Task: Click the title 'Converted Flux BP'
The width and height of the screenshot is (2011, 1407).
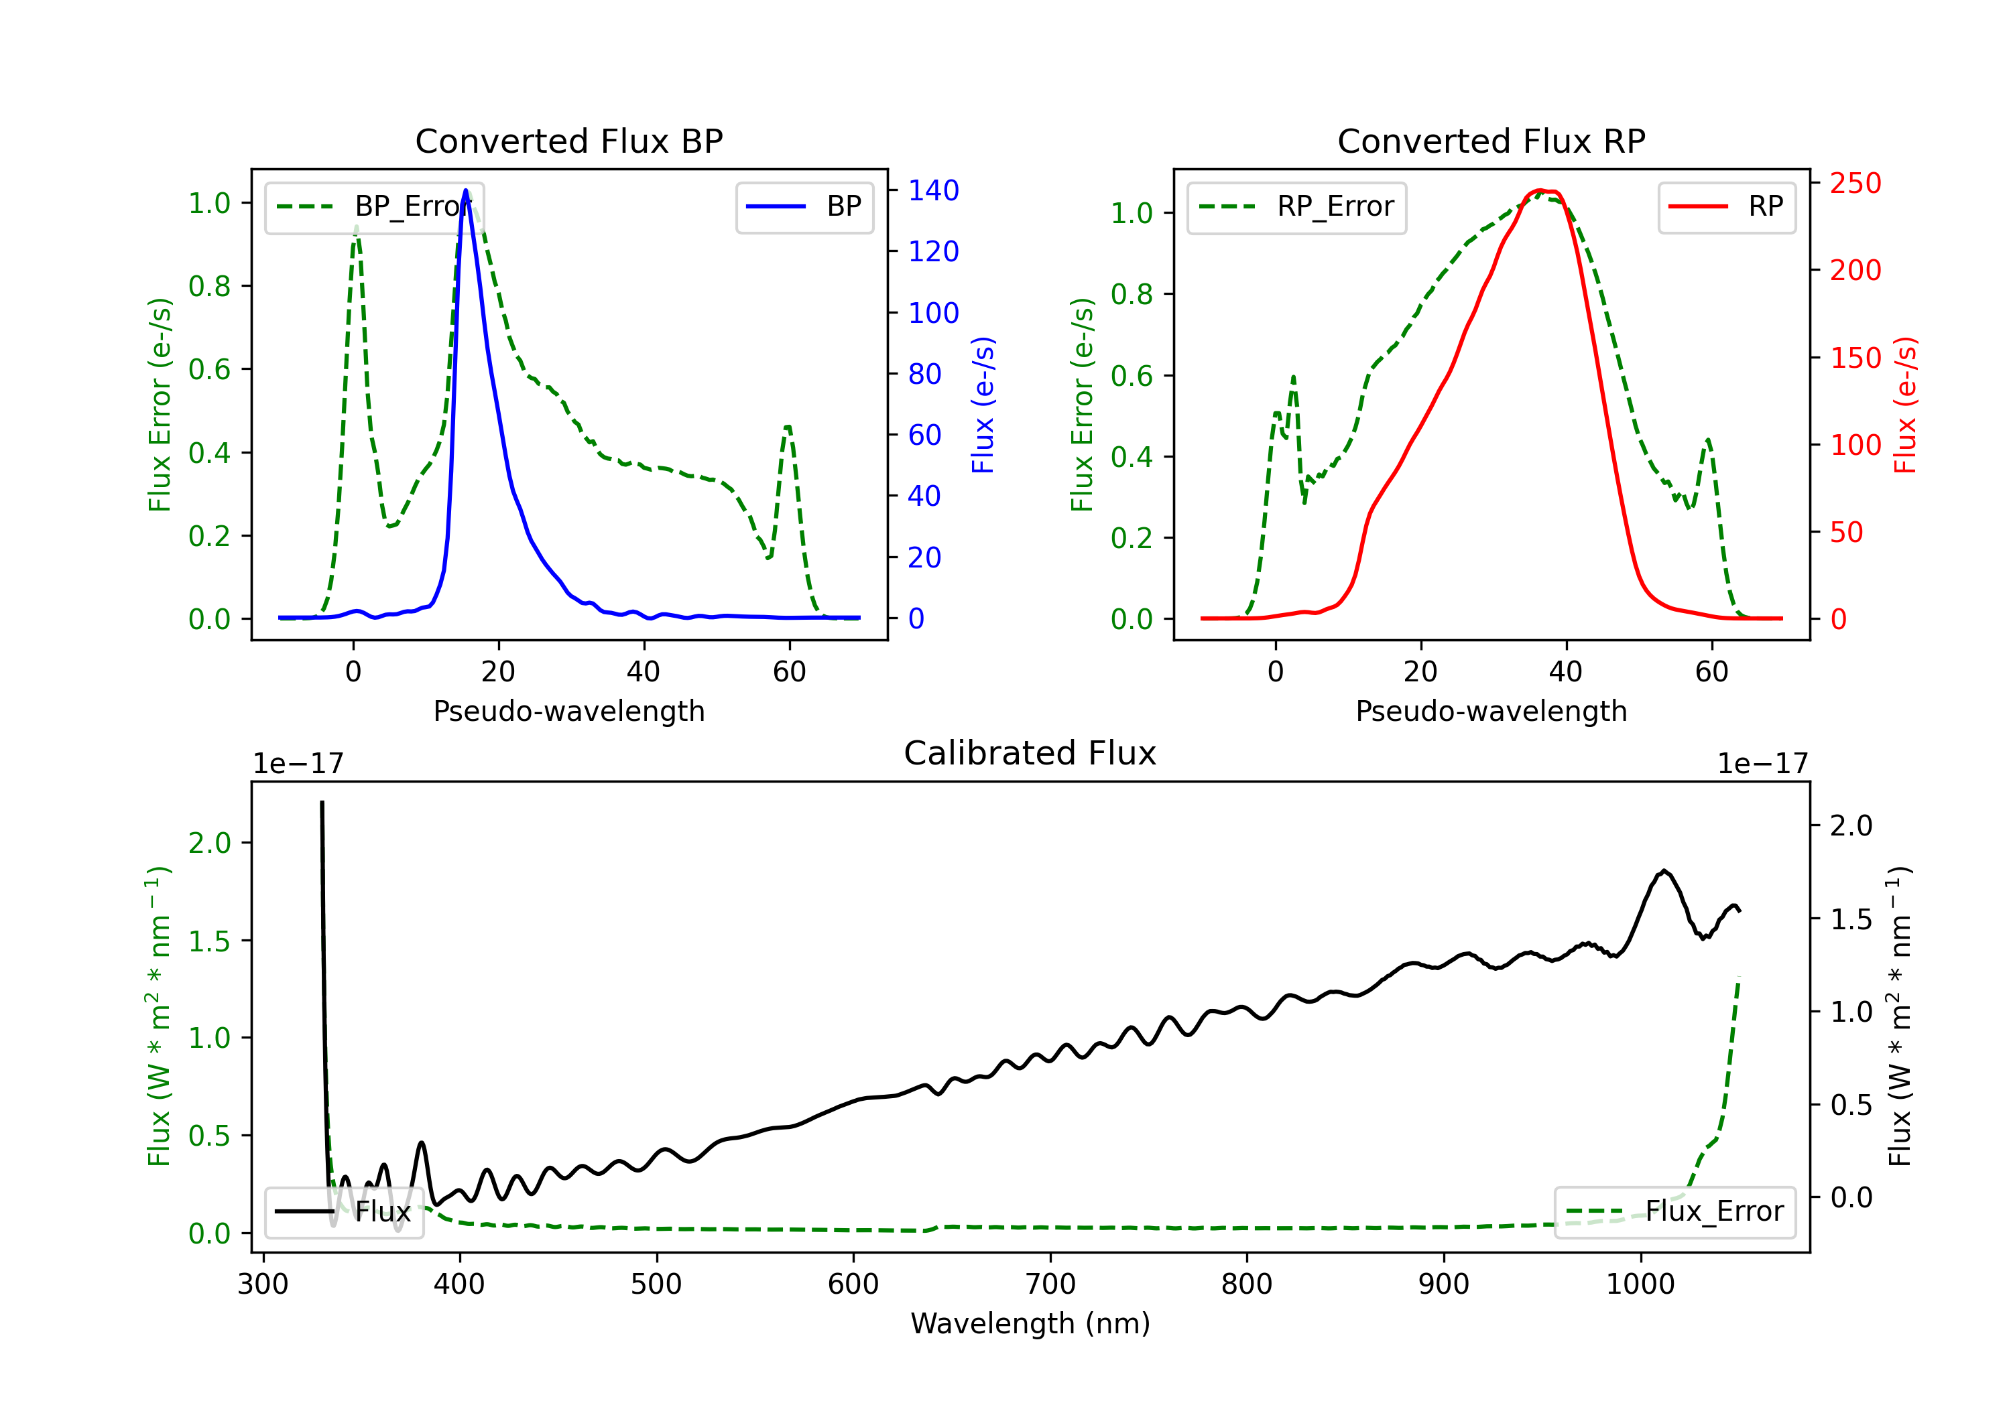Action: [x=568, y=141]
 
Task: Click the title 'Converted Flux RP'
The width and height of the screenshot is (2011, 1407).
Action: [x=1491, y=141]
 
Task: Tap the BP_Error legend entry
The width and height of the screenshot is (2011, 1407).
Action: [x=374, y=206]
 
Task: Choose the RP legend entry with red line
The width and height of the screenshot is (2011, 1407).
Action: [x=1725, y=206]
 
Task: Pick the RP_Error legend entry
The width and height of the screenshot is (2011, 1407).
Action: [x=1296, y=206]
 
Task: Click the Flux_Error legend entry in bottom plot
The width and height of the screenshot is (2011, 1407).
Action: [x=1674, y=1212]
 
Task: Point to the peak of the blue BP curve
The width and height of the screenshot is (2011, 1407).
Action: [x=465, y=190]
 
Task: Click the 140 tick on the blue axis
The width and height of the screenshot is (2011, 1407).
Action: [x=933, y=190]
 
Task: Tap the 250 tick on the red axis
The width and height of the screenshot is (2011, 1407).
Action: [x=1855, y=183]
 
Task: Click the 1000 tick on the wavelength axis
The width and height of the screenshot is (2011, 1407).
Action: [x=1640, y=1284]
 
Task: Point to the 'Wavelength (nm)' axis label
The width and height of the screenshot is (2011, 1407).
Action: [x=1030, y=1323]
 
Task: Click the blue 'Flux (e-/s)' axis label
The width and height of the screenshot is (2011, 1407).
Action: [x=983, y=405]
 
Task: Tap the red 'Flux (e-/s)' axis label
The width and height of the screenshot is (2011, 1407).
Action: [x=1905, y=405]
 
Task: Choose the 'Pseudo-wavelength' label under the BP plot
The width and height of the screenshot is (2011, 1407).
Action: [x=568, y=711]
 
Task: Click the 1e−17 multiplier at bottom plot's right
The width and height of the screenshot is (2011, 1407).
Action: [x=1762, y=764]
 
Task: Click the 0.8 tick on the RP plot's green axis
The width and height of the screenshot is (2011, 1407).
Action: [x=1131, y=294]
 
